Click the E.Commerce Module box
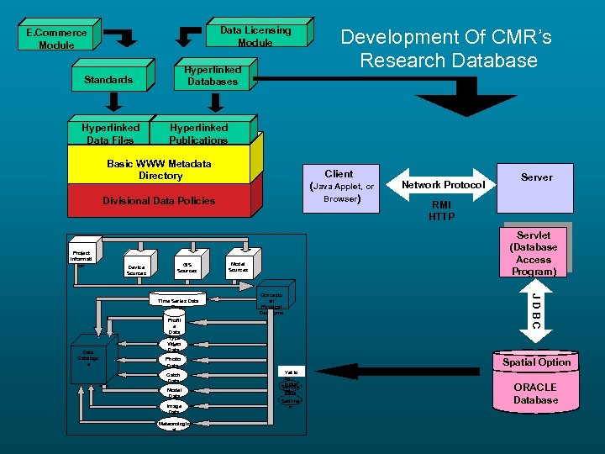(x=56, y=38)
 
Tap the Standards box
(x=108, y=80)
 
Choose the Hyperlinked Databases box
(x=213, y=76)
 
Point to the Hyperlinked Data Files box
(x=110, y=134)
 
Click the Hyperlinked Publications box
(x=198, y=134)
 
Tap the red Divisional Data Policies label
(x=159, y=201)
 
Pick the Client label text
(x=339, y=173)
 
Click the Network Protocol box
(x=443, y=184)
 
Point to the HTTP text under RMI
(x=441, y=217)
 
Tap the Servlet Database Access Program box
(x=534, y=253)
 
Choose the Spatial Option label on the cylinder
(x=536, y=362)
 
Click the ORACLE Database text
(x=535, y=393)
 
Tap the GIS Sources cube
(x=187, y=267)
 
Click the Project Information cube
(x=82, y=254)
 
